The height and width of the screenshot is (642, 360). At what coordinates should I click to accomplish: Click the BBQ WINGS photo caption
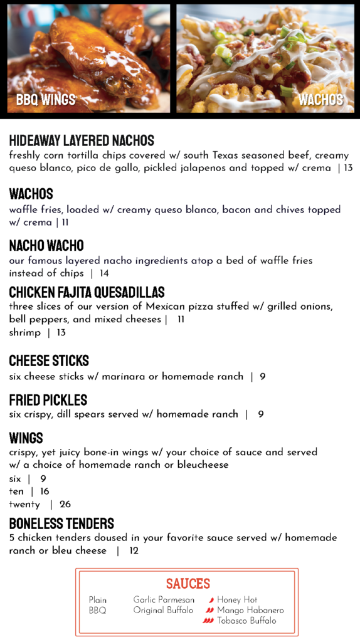[x=46, y=100]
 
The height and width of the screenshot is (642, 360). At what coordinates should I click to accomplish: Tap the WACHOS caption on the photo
[x=320, y=100]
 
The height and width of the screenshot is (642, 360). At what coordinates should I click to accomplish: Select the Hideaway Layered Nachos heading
[x=82, y=140]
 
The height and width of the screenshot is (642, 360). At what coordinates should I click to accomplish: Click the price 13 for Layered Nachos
[x=348, y=168]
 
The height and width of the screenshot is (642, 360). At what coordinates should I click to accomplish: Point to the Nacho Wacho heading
[x=46, y=245]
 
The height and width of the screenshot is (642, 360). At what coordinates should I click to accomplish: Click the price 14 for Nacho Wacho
[x=103, y=273]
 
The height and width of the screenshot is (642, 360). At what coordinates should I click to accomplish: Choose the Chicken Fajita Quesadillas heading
[x=87, y=292]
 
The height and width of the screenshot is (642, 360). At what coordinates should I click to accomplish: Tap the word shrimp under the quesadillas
[x=24, y=333]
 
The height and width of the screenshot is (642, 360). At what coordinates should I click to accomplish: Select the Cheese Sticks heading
[x=49, y=360]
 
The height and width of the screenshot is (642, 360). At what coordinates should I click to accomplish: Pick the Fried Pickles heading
[x=48, y=400]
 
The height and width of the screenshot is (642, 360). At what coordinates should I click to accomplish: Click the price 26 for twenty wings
[x=65, y=505]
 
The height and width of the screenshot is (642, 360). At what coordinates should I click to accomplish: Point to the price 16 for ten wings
[x=45, y=492]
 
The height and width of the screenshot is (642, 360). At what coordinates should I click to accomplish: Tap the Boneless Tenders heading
[x=61, y=524]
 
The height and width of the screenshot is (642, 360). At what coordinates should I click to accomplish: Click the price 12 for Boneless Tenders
[x=134, y=551]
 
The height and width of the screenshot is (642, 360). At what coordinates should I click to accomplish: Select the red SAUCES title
[x=188, y=584]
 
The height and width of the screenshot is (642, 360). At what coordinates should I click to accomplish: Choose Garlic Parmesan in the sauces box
[x=164, y=600]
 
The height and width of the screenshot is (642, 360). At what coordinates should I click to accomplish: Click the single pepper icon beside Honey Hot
[x=211, y=600]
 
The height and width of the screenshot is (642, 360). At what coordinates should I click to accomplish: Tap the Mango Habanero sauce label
[x=250, y=610]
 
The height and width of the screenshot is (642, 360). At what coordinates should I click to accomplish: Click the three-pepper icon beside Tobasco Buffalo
[x=208, y=621]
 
